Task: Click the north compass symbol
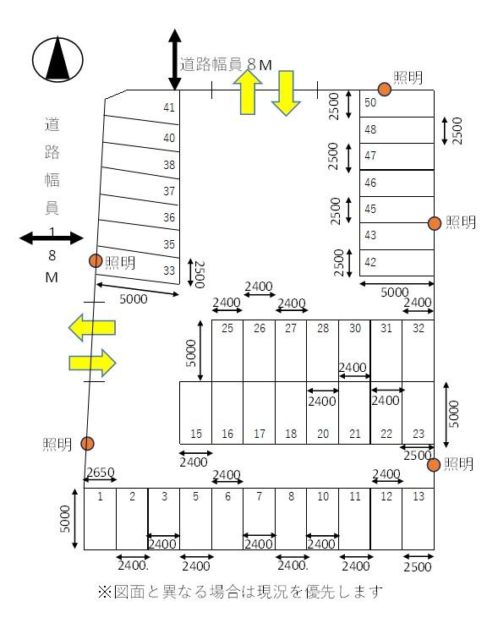pos(57,60)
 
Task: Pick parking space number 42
pos(397,262)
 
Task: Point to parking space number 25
pos(227,349)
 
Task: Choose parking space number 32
pos(419,349)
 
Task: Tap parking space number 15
pos(195,412)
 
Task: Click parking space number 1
pos(100,518)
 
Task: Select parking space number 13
pos(418,518)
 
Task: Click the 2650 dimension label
pos(99,471)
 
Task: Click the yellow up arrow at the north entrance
pos(248,92)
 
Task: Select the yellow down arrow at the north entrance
pos(285,93)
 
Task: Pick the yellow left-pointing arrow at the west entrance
pos(92,328)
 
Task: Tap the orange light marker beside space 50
pos(384,88)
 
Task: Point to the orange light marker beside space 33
pos(96,261)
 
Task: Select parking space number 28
pos(322,349)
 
